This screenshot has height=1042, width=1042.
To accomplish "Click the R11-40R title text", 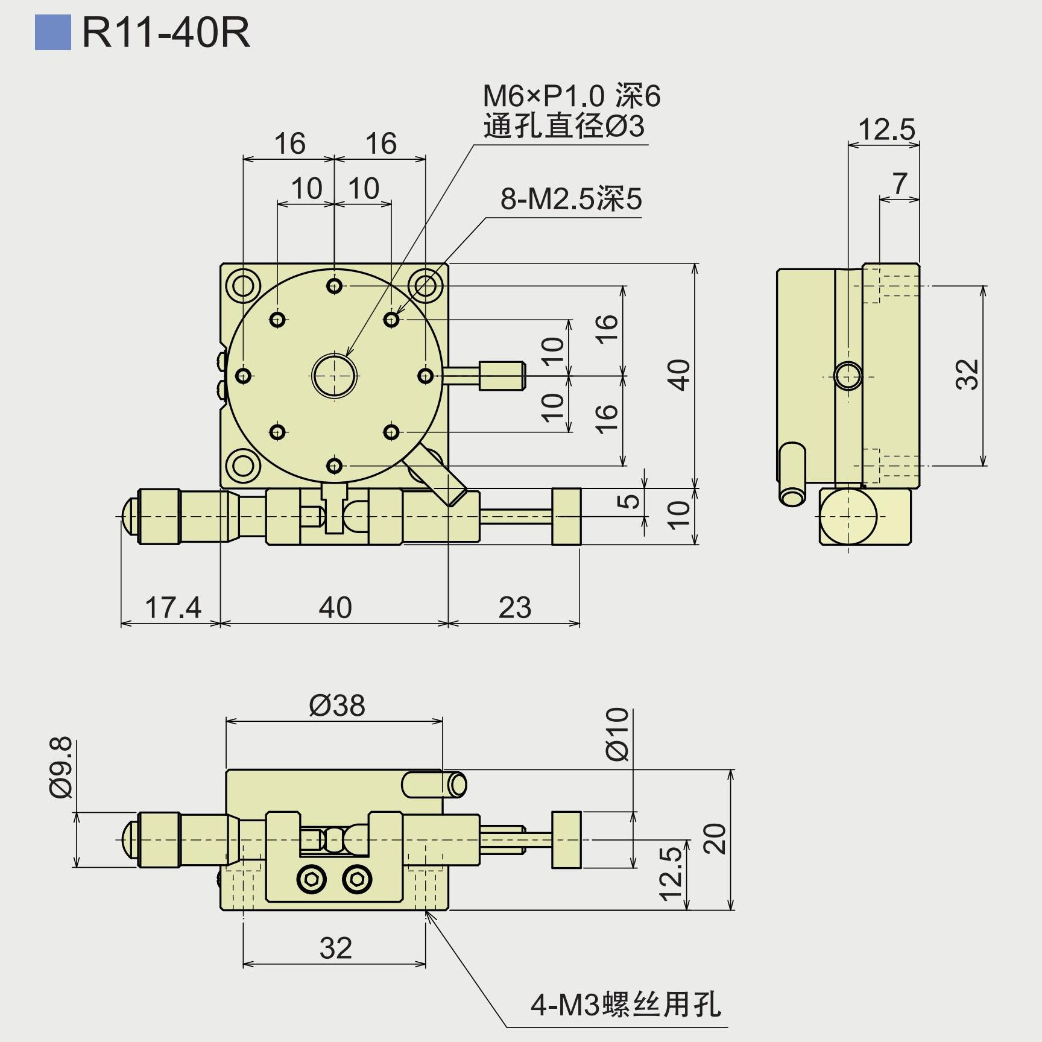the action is pos(166,33).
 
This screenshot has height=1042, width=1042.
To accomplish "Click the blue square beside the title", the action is pos(53,33).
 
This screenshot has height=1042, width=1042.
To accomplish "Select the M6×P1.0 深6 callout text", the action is pos(572,96).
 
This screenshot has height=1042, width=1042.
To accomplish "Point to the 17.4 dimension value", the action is pos(173,607).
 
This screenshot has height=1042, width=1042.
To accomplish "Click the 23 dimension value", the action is pos(515,607).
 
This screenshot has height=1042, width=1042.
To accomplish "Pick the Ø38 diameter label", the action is pos(337,705).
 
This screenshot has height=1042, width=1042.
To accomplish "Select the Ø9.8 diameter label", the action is pos(62,768).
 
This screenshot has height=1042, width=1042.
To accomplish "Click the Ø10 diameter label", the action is pos(617,734).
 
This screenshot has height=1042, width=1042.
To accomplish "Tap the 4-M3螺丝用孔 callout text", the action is pos(625,1004).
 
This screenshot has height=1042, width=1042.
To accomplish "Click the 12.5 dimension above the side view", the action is pos(886,130).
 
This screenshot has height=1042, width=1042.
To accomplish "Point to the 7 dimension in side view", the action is pos(900,183).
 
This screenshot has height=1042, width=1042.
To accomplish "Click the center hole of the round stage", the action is pos(335,376).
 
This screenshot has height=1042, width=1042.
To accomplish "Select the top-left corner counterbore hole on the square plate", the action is pos(243,285).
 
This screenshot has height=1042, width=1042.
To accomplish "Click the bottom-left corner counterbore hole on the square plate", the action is pos(243,466).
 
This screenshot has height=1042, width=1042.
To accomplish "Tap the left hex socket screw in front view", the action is pos(312,880).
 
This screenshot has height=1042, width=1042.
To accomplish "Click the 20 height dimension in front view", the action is pos(716,838).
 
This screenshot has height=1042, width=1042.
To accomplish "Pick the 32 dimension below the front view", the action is pos(336,948).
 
